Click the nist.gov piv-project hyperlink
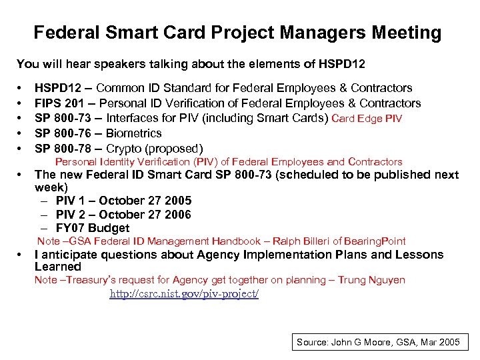pos(184,293)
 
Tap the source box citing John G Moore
pos(378,342)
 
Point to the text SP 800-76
pos(61,133)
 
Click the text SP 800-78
pos(61,148)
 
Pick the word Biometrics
pos(134,133)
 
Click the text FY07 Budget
pos(93,228)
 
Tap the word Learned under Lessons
pos(58,267)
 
